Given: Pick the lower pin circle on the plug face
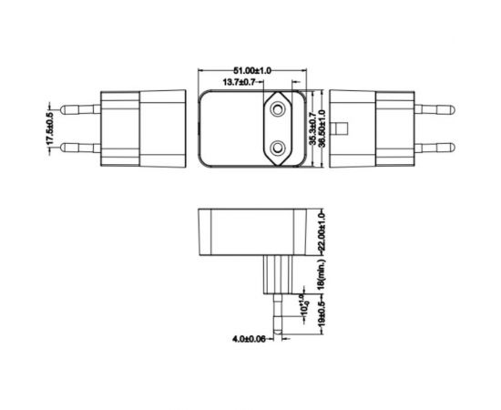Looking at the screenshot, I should tap(274, 146).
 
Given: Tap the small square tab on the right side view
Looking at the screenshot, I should tap(342, 128).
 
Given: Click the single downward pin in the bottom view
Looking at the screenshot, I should tap(273, 314).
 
